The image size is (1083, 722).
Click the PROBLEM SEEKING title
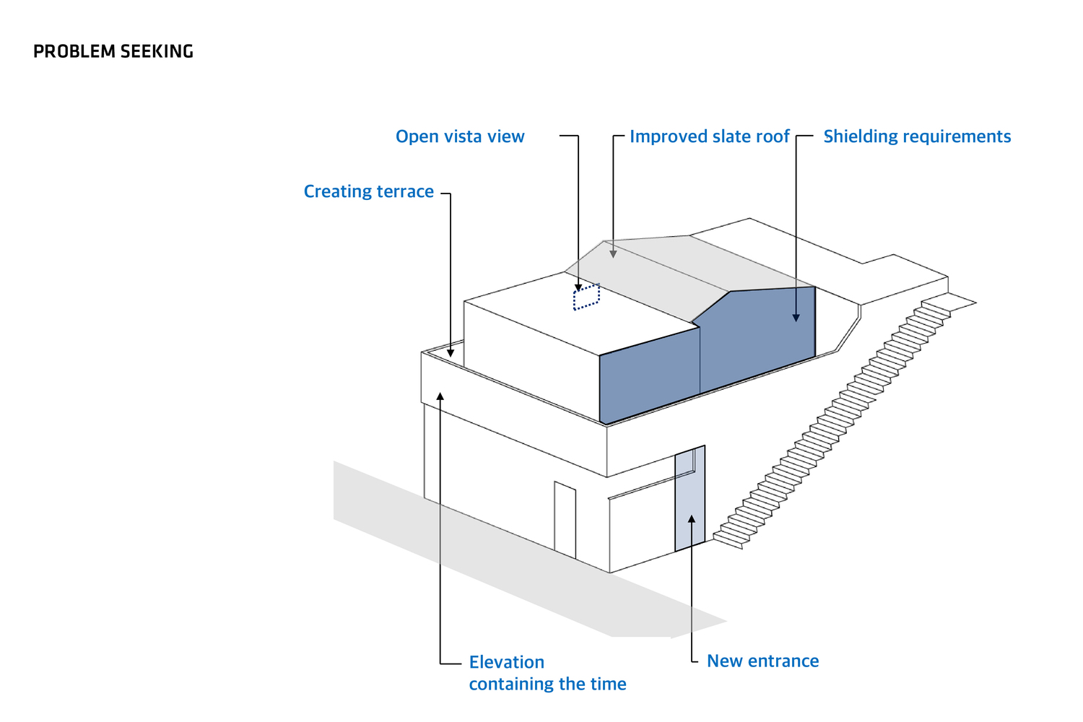point(113,51)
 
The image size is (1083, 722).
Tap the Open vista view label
point(460,136)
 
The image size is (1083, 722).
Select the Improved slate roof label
point(709,136)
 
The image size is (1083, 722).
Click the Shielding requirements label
point(917,136)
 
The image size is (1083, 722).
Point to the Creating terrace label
point(368,191)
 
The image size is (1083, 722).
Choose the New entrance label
point(762,661)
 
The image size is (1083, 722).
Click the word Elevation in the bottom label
point(506,662)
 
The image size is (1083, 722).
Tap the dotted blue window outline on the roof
point(586,297)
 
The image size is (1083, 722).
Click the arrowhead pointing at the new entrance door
point(691,518)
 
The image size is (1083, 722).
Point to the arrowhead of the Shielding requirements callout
point(796,317)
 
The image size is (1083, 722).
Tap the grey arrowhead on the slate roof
point(613,253)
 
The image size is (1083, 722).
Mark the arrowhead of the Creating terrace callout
point(451,352)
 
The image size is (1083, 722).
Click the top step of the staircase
point(936,306)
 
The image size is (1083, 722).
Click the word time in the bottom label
point(609,684)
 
